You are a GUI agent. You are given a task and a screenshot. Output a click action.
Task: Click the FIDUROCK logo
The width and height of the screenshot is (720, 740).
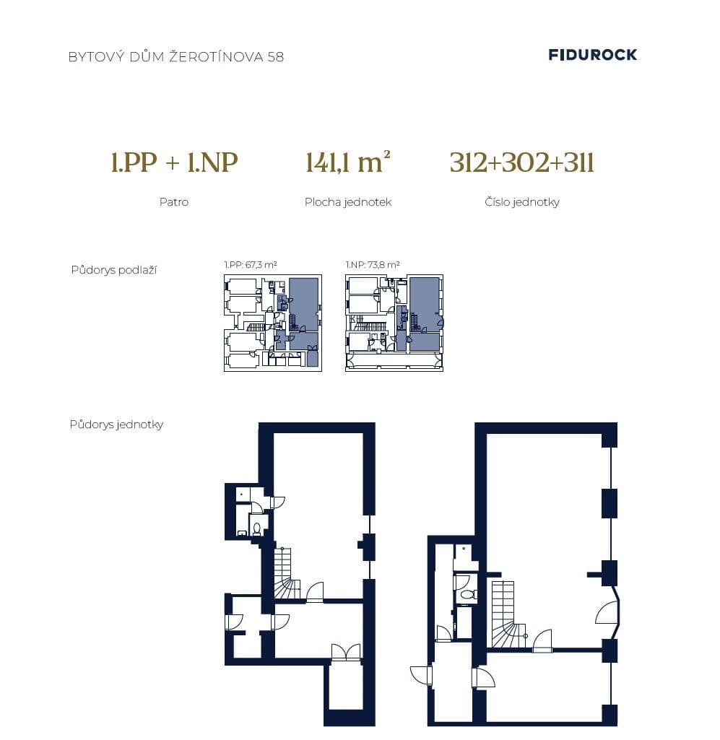coord(592,55)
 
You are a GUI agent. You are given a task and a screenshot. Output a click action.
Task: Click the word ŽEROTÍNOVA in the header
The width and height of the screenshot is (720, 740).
coord(216,56)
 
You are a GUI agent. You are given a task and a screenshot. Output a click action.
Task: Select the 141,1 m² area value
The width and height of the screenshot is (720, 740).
coord(347,162)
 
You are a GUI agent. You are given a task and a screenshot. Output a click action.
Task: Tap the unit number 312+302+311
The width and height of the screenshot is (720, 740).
coord(521,162)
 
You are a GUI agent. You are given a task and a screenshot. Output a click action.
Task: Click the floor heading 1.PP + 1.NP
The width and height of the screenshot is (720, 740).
coord(174,162)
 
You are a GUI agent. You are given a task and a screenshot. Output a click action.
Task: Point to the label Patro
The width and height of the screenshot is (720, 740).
coord(173,202)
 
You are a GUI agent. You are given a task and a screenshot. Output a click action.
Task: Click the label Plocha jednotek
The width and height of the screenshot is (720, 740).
coord(347,202)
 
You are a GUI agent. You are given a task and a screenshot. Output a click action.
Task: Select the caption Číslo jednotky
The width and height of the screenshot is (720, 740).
coord(521,202)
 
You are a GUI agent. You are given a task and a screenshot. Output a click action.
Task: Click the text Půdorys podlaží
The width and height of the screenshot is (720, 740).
coord(113,270)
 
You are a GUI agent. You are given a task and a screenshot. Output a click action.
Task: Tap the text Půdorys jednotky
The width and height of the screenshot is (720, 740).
coord(116,425)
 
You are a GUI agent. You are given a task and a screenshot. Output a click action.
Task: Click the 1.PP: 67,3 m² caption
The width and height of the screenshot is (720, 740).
coord(251,265)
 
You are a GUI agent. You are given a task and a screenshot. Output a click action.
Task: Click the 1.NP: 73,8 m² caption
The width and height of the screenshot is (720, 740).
coord(373,265)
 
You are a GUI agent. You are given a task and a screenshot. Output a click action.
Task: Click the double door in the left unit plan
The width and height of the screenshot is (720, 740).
coord(345,652)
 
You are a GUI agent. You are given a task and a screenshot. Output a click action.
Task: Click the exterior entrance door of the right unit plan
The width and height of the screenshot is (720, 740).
coord(421,676)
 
